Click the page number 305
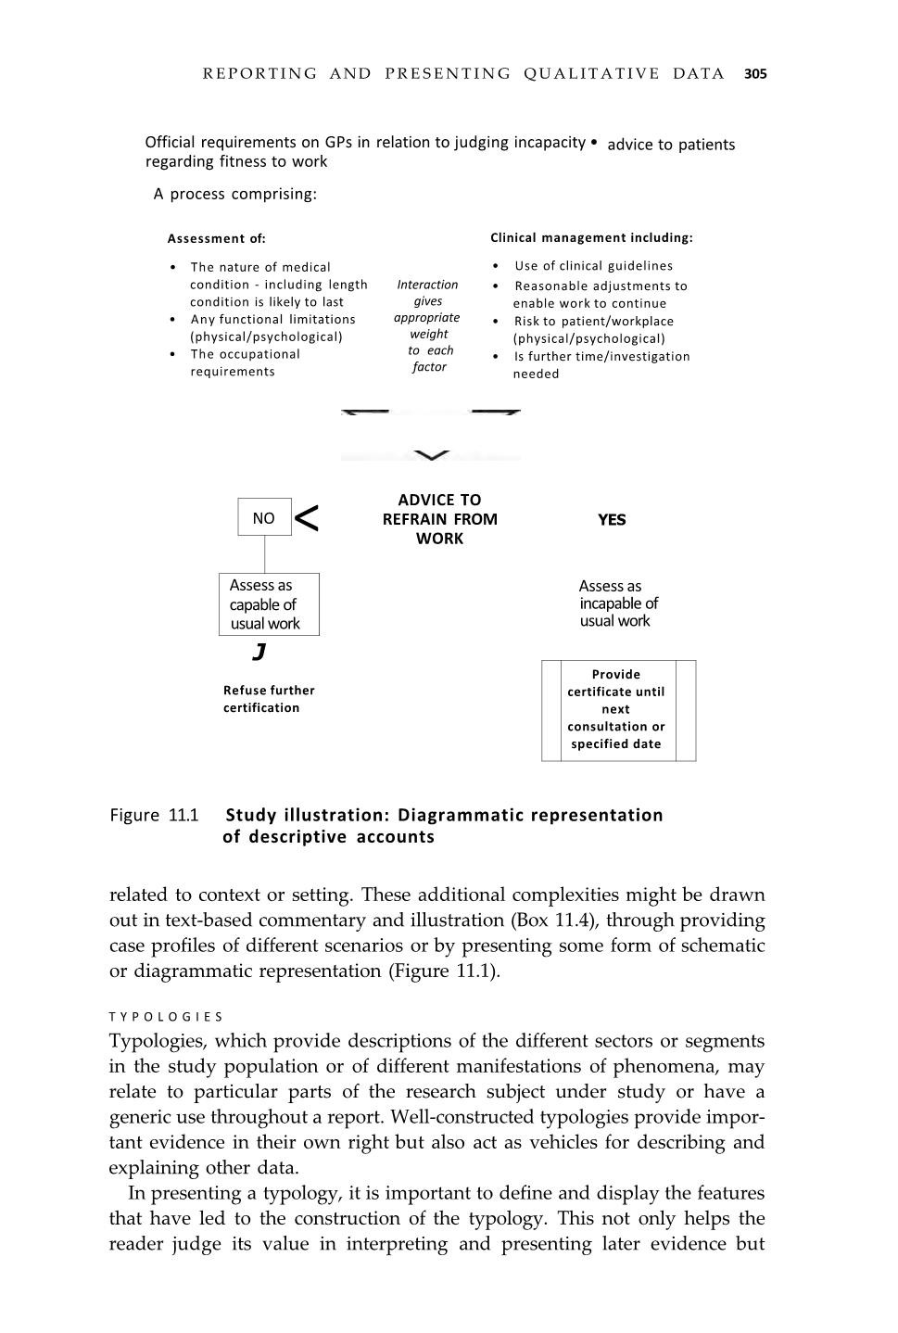click(x=755, y=74)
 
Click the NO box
click(x=264, y=518)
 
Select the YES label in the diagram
click(x=612, y=520)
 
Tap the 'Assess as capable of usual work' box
click(x=269, y=604)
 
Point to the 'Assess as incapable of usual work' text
click(x=617, y=603)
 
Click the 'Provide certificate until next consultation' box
click(x=617, y=710)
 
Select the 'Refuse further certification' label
click(x=269, y=699)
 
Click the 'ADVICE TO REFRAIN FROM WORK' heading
click(x=439, y=519)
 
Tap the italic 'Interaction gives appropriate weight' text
click(x=428, y=325)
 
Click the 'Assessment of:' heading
click(x=216, y=239)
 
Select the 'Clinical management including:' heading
click(x=591, y=238)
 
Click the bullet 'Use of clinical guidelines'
click(x=593, y=266)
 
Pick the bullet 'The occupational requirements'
click(x=245, y=362)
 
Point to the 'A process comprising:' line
click(x=235, y=195)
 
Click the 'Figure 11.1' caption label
click(x=154, y=816)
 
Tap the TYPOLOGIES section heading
click(x=166, y=1017)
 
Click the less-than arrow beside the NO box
click(x=307, y=519)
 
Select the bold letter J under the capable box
click(x=259, y=652)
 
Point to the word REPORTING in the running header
click(x=259, y=74)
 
